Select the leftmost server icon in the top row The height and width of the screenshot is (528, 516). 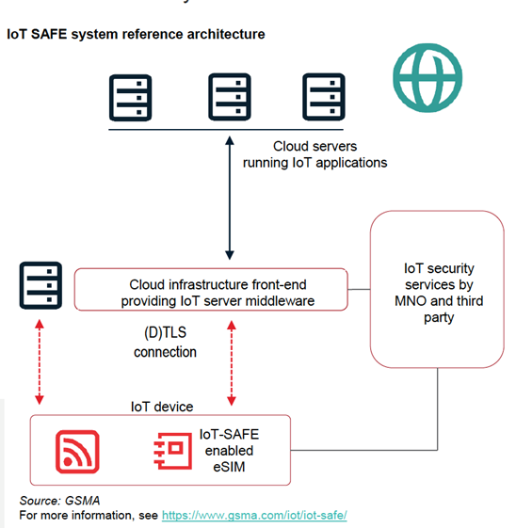(130, 98)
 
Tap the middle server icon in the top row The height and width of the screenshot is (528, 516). (230, 97)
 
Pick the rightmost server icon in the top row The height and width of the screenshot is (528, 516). (324, 97)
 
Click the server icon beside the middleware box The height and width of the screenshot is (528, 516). (40, 285)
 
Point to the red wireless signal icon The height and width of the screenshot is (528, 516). (77, 452)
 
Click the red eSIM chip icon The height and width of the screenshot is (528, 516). (173, 451)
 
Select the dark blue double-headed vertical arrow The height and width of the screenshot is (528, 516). (230, 198)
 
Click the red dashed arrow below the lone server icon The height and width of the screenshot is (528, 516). (40, 361)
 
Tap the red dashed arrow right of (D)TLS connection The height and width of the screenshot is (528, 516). (232, 362)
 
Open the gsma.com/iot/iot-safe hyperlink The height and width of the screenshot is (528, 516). (254, 515)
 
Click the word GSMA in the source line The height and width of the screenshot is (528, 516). (83, 501)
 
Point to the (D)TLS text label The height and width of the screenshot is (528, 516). (165, 332)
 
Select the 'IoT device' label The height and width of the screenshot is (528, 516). (162, 407)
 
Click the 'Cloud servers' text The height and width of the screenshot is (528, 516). (314, 147)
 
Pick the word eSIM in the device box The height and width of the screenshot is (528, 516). (229, 467)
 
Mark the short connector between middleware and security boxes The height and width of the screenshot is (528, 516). (359, 289)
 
